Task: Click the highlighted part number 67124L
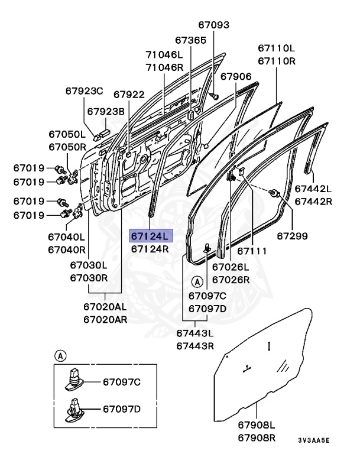[150, 236]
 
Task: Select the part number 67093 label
[213, 25]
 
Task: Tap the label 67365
[190, 40]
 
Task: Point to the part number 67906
[236, 76]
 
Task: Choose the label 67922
[129, 94]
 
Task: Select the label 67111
[251, 251]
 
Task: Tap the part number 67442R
[313, 202]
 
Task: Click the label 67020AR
[105, 320]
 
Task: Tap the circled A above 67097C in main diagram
[197, 281]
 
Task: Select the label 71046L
[165, 54]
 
